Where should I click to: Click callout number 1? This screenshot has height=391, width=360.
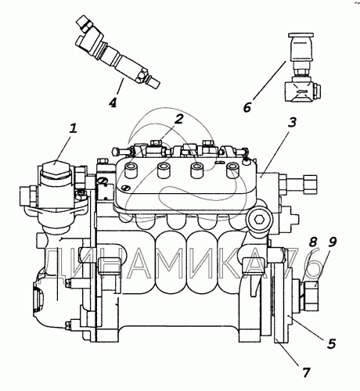tap(74, 128)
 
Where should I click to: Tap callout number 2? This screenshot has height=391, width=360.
tap(179, 119)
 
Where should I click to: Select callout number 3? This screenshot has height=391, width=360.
tap(293, 122)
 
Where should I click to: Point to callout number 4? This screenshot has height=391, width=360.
tap(113, 102)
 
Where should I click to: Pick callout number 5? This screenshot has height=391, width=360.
tap(331, 343)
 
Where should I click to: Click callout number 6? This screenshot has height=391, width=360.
tap(247, 107)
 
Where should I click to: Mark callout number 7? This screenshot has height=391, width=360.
tap(306, 373)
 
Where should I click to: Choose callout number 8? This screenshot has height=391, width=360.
tap(313, 242)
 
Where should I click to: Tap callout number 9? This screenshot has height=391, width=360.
tap(332, 242)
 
